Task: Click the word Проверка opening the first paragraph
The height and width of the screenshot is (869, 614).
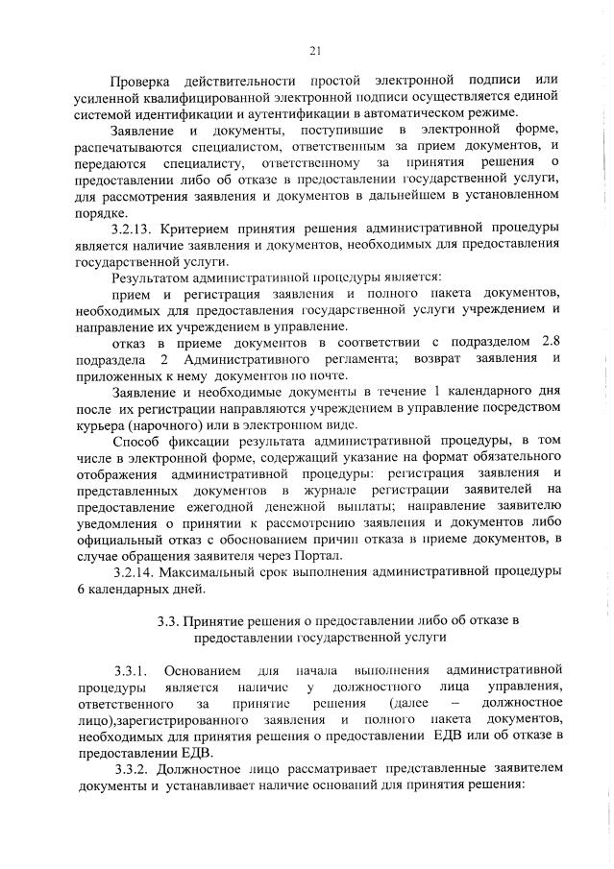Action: click(x=146, y=81)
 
